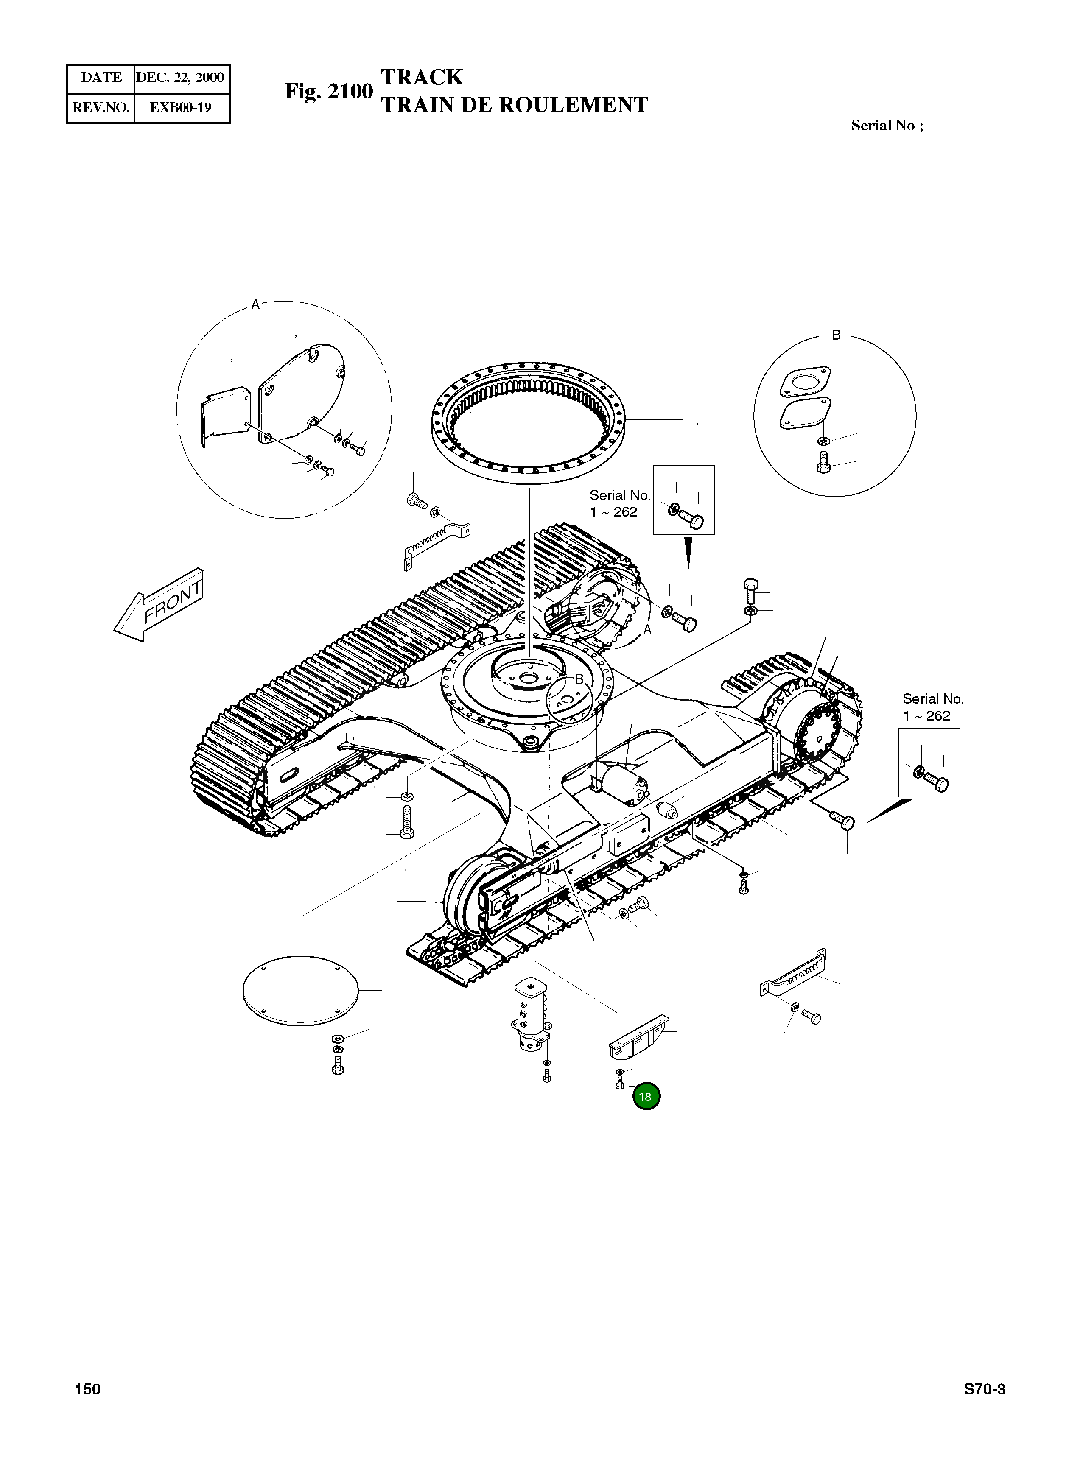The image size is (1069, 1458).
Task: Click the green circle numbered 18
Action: [646, 1096]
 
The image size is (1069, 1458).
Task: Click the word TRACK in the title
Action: [422, 77]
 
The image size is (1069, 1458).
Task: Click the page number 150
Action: [87, 1389]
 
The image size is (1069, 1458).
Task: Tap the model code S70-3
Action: [984, 1389]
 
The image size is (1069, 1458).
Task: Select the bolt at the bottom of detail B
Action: [824, 463]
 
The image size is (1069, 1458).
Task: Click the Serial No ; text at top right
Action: [887, 126]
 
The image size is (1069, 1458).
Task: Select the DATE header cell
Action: [101, 78]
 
